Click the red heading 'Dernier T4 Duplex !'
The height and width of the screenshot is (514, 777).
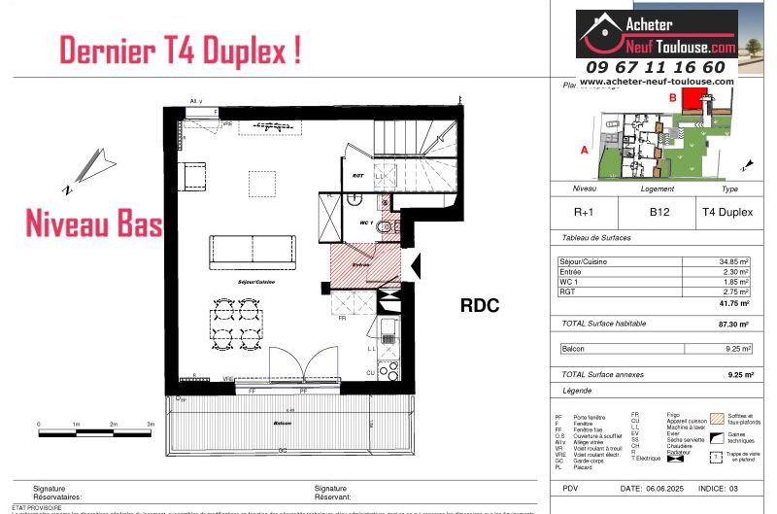pyautogui.click(x=180, y=50)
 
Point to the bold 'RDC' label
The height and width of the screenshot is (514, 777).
pyautogui.click(x=479, y=305)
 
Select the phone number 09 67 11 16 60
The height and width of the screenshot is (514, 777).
pyautogui.click(x=655, y=67)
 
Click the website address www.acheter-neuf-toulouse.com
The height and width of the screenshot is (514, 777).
pyautogui.click(x=657, y=83)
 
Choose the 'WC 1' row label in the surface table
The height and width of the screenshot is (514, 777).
pyautogui.click(x=570, y=282)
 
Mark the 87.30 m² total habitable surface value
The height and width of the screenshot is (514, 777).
pyautogui.click(x=734, y=324)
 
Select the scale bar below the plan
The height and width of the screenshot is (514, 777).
pyautogui.click(x=94, y=425)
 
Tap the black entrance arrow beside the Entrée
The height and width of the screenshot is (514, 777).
pyautogui.click(x=415, y=263)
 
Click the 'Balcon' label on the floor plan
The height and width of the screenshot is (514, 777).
pyautogui.click(x=283, y=424)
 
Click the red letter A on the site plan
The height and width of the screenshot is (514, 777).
pyautogui.click(x=584, y=151)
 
